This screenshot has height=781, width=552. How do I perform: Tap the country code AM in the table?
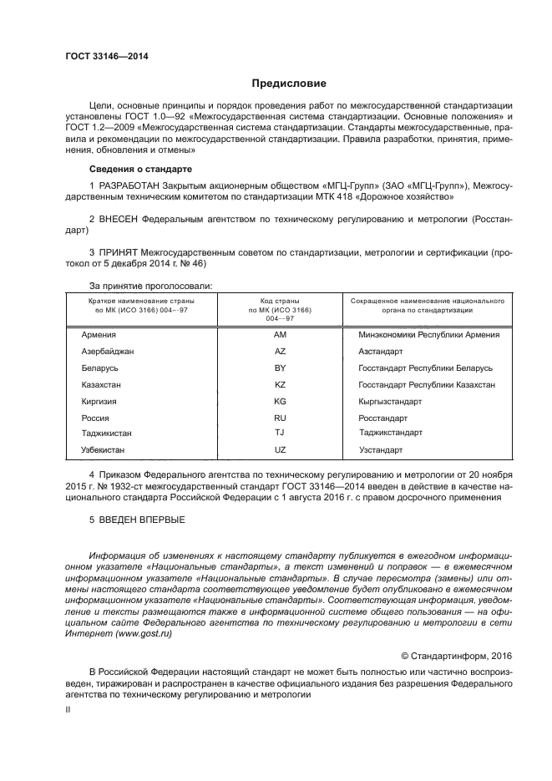[x=280, y=334]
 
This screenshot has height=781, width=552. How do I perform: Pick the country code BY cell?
[x=280, y=368]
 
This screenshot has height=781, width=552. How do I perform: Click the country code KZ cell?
[x=280, y=384]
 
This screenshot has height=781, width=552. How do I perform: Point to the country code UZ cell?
[x=280, y=449]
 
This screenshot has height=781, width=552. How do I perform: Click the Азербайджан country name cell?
[x=108, y=351]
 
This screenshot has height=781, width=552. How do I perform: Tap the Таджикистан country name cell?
[x=107, y=433]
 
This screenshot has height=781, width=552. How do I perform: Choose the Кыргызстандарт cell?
[x=390, y=401]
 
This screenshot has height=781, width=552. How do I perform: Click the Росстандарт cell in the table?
[x=382, y=417]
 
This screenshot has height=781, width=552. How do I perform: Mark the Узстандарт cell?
[x=380, y=449]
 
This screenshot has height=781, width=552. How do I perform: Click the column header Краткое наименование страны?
[x=141, y=304]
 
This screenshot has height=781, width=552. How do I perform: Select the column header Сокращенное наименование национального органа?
[x=427, y=304]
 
